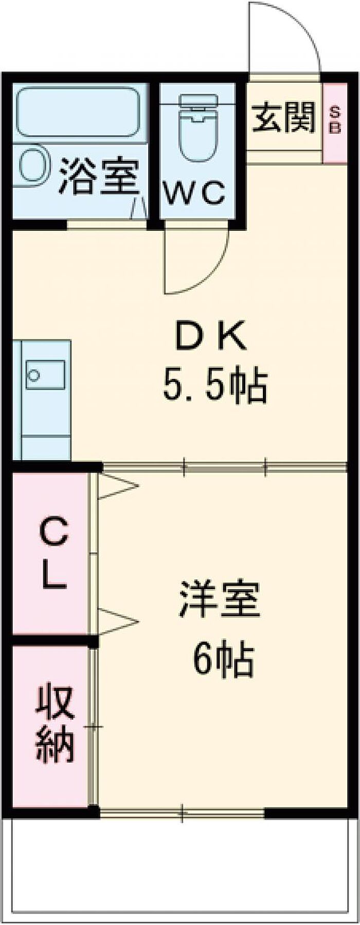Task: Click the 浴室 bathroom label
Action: pyautogui.click(x=99, y=176)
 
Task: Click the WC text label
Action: pyautogui.click(x=194, y=193)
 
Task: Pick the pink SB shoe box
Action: pyautogui.click(x=335, y=122)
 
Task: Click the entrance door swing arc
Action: pyautogui.click(x=284, y=37)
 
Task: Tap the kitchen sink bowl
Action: pyautogui.click(x=45, y=374)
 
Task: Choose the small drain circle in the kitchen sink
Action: pyautogui.click(x=33, y=375)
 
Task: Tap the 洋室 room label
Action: pyautogui.click(x=219, y=598)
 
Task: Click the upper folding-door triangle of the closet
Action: pyautogui.click(x=118, y=485)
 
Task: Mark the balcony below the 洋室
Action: pyautogui.click(x=180, y=864)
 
